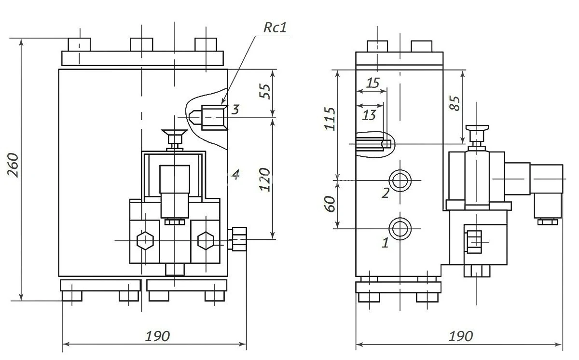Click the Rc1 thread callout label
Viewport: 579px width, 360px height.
275,28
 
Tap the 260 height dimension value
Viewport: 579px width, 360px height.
14,165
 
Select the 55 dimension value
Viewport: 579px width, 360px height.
265,91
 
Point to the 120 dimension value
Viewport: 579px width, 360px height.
264,180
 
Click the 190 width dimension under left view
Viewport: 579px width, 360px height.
158,336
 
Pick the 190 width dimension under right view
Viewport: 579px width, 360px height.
460,336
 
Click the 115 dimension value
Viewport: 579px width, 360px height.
330,118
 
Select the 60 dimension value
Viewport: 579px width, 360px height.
330,204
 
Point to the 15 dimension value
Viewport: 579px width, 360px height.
372,83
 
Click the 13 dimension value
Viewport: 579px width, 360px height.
369,115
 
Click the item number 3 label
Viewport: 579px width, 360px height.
235,109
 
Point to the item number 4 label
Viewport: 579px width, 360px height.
235,174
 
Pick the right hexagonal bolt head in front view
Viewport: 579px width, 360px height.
206,240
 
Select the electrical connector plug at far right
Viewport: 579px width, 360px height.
547,191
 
